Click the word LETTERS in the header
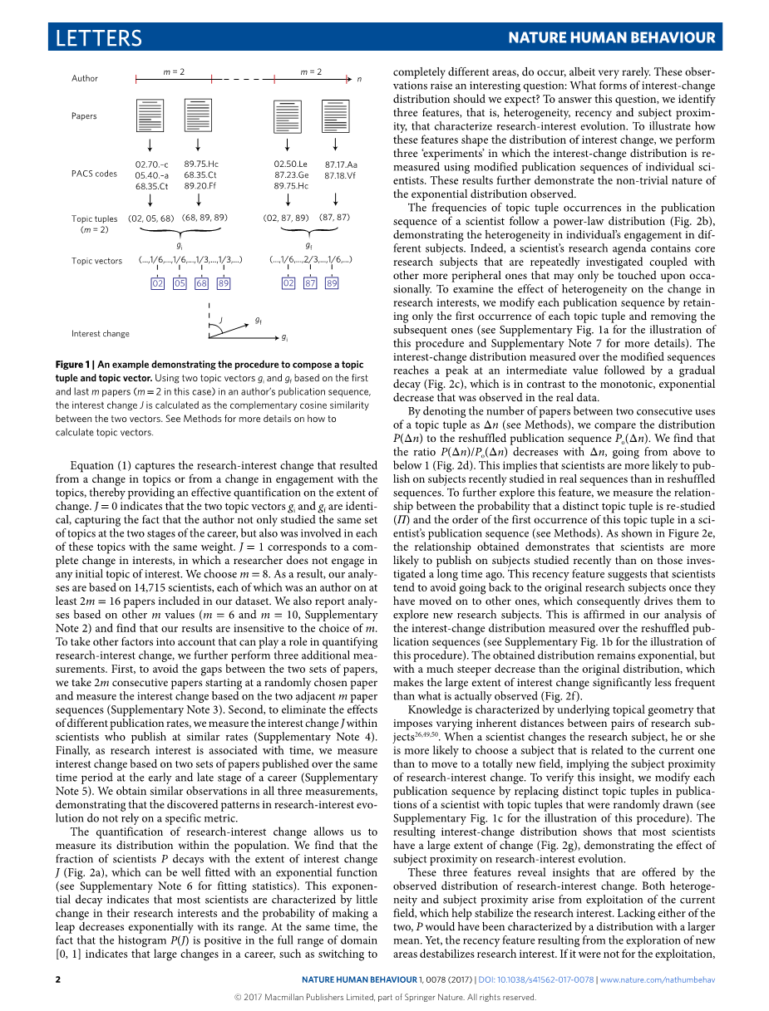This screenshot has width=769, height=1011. coord(99,38)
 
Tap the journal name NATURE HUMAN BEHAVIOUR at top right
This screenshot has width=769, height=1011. coord(611,38)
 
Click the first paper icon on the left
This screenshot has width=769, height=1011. coord(150,115)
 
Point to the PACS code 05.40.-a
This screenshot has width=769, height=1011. coord(151,175)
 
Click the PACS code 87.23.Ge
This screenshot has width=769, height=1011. coord(291,175)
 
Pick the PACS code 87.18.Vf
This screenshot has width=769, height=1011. coord(341,175)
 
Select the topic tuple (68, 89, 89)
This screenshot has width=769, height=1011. coord(205,218)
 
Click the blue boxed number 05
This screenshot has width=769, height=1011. coord(180,283)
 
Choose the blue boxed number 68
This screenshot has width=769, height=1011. coord(201,283)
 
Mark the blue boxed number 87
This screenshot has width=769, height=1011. coord(310,283)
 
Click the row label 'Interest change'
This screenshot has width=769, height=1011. coord(101,334)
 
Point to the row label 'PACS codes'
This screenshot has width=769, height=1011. coord(95,174)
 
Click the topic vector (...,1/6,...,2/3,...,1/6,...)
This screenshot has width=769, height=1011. coord(311,260)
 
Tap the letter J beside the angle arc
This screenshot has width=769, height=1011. coord(221,320)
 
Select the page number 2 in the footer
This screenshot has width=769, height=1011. coord(58,980)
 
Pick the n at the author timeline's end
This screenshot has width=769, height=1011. coord(359,79)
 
